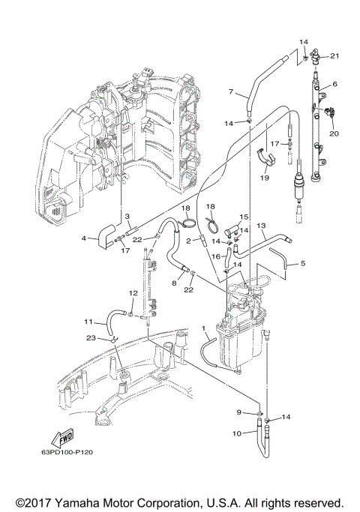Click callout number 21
335,56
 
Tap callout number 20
334,133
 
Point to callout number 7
232,92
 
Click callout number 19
264,178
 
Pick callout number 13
262,225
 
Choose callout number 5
303,263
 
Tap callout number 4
84,239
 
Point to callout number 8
173,283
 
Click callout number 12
133,293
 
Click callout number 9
240,412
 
